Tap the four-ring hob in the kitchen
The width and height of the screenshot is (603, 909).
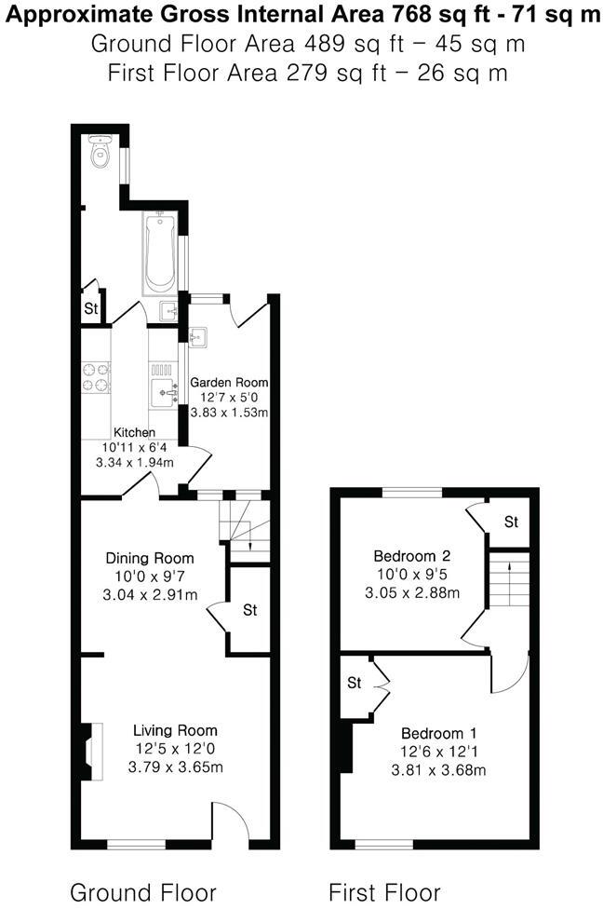tap(96, 376)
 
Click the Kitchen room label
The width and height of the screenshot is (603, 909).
tap(134, 433)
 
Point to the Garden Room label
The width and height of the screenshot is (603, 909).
tap(229, 382)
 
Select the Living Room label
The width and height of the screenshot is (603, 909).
tap(174, 731)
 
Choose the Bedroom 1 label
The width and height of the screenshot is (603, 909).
tap(437, 733)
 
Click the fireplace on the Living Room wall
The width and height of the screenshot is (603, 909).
tap(87, 751)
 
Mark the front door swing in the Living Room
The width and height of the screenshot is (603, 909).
tap(231, 820)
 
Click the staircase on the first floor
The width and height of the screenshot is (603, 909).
tap(509, 577)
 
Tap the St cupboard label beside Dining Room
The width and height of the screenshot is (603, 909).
tap(249, 611)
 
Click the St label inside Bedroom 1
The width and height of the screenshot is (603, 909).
tap(355, 683)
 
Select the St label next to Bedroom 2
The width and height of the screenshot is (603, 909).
tap(511, 522)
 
